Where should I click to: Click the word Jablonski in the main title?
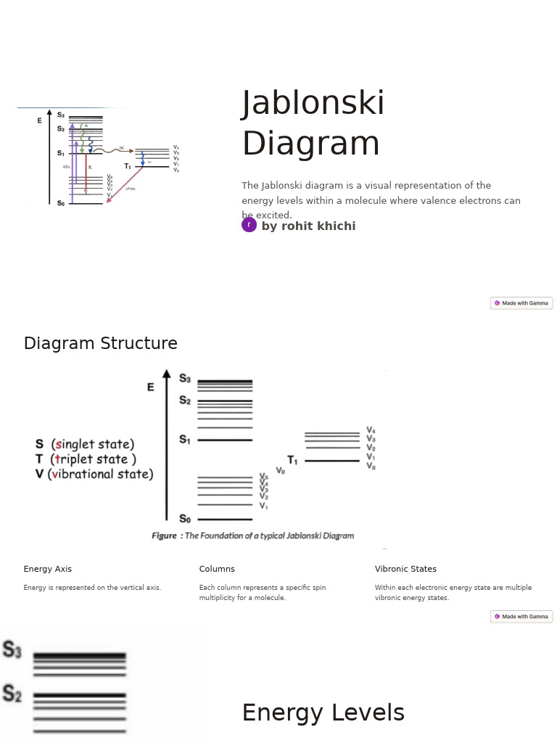pyautogui.click(x=313, y=104)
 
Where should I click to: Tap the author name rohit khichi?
pyautogui.click(x=308, y=226)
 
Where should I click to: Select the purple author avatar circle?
pyautogui.click(x=249, y=225)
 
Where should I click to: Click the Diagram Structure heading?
pyautogui.click(x=100, y=343)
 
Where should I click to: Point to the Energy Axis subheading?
pyautogui.click(x=47, y=569)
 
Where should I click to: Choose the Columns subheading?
pyautogui.click(x=217, y=569)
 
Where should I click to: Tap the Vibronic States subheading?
pyautogui.click(x=405, y=569)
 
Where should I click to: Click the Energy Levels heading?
pyautogui.click(x=323, y=713)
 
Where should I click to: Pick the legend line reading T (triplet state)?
pyautogui.click(x=86, y=459)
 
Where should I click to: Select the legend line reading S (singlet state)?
pyautogui.click(x=85, y=444)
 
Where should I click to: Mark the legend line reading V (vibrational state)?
pyautogui.click(x=94, y=475)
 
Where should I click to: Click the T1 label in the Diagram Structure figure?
pyautogui.click(x=292, y=460)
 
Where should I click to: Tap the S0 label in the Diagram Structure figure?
pyautogui.click(x=185, y=519)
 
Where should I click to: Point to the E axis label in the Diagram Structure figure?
pyautogui.click(x=151, y=387)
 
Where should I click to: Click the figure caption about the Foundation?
pyautogui.click(x=252, y=535)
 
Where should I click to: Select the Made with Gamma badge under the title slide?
pyautogui.click(x=521, y=303)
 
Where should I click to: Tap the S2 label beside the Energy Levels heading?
pyautogui.click(x=12, y=694)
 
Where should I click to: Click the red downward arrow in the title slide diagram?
pyautogui.click(x=86, y=174)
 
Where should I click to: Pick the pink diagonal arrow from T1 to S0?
pyautogui.click(x=124, y=185)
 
